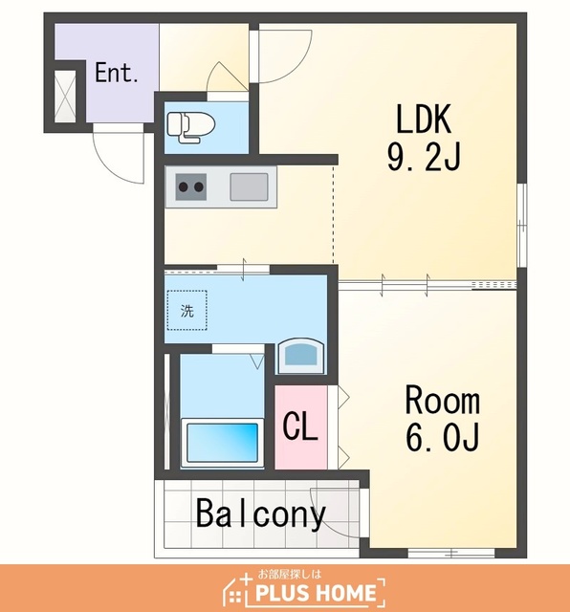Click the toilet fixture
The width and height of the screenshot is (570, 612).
[191, 127]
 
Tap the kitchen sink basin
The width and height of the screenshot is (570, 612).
[249, 186]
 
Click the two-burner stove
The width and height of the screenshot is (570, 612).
[190, 186]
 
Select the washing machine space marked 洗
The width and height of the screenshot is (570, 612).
[187, 310]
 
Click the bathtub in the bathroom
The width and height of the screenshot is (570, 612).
[223, 443]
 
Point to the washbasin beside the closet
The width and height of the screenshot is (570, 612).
[300, 356]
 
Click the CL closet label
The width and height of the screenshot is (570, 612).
[300, 426]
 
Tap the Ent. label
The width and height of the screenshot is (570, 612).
[117, 73]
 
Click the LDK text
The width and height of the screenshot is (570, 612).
[424, 119]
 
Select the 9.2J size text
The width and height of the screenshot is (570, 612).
[424, 156]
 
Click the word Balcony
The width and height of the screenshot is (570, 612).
[260, 514]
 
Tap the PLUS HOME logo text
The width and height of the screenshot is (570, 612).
[316, 593]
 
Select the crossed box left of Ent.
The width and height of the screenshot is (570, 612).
[65, 96]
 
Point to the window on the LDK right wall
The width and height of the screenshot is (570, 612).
[522, 226]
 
